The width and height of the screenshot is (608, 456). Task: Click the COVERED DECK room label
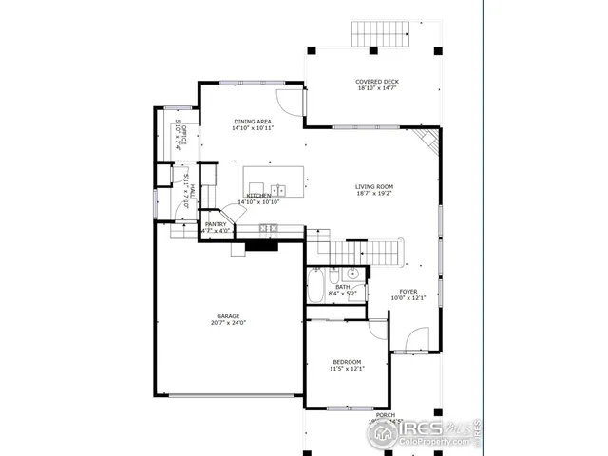point(377,82)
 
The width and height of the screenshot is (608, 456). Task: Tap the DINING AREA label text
point(253,122)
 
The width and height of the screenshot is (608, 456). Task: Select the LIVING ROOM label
point(374,186)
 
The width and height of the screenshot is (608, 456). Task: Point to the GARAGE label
point(227,316)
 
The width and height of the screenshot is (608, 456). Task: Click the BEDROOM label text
point(346,361)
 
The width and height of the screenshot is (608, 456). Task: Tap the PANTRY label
point(216,224)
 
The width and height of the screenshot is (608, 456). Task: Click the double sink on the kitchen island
point(277,189)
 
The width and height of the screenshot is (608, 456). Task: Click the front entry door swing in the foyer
point(416,339)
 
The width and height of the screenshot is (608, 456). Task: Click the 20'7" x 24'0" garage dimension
point(227,323)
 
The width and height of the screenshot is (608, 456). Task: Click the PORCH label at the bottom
point(385,415)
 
